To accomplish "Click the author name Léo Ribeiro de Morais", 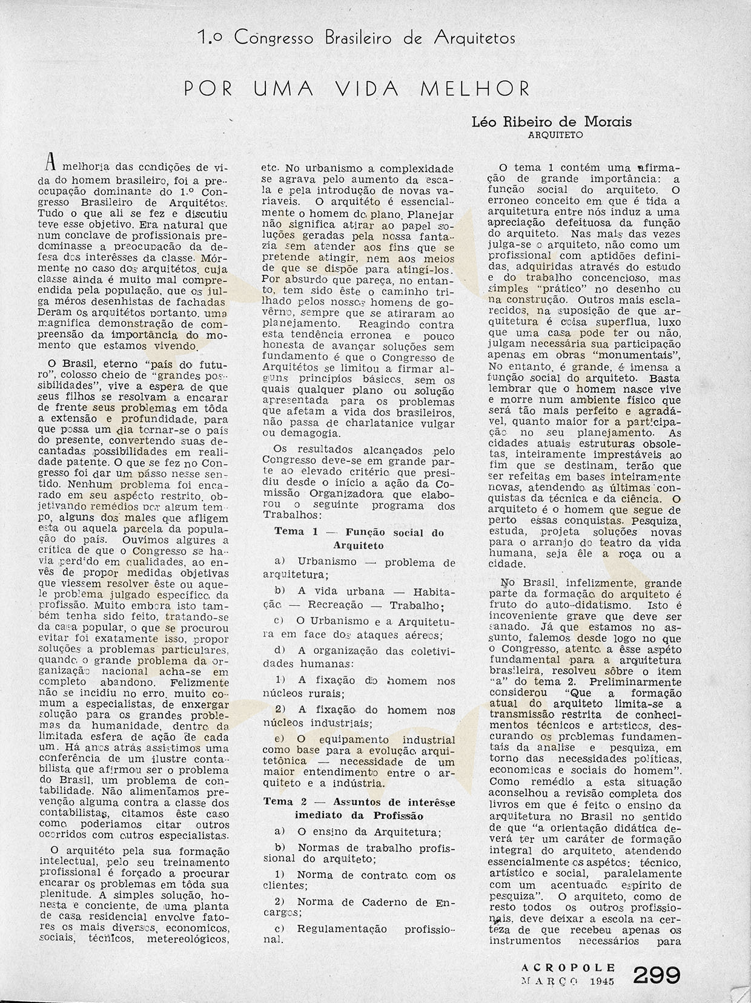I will pyautogui.click(x=551, y=122).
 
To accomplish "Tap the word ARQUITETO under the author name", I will pyautogui.click(x=555, y=135).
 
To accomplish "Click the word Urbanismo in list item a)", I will pyautogui.click(x=327, y=562).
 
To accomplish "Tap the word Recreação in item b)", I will pyautogui.click(x=344, y=605).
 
